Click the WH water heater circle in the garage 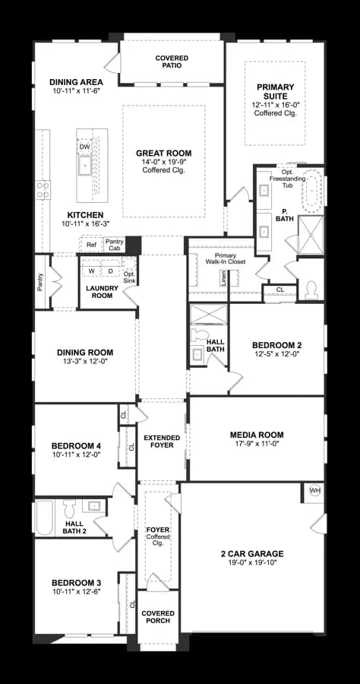click(314, 491)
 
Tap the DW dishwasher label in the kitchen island click(84, 147)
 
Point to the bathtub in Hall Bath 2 click(45, 518)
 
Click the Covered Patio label click(172, 62)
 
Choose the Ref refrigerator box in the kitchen click(91, 245)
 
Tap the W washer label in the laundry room click(92, 271)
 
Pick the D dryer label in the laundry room click(110, 271)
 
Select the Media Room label click(257, 435)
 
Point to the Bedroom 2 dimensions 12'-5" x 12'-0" click(276, 353)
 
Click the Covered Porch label click(158, 617)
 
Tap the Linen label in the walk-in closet click(223, 278)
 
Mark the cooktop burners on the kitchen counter click(43, 190)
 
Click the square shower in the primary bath click(311, 234)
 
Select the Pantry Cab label click(115, 245)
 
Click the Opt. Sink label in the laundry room click(129, 277)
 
